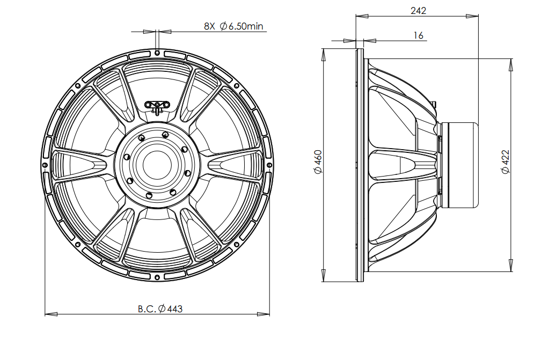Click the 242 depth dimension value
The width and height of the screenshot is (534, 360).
(x=418, y=11)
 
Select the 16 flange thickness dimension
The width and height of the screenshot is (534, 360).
(x=418, y=35)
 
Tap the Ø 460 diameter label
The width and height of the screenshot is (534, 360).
(x=318, y=162)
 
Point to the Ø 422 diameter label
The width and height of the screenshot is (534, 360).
(x=506, y=162)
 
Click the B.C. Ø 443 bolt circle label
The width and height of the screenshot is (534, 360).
(x=160, y=308)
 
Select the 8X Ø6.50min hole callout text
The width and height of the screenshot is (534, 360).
(x=233, y=26)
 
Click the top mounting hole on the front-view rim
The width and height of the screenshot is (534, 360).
(x=157, y=53)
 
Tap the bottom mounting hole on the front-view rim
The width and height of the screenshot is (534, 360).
(x=157, y=277)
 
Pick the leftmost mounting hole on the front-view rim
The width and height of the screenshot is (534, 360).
(x=45, y=165)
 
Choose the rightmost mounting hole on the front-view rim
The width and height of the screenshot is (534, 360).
(x=269, y=165)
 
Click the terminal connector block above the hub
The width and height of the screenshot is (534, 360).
(x=157, y=106)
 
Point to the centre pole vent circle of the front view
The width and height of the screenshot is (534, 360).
(x=157, y=165)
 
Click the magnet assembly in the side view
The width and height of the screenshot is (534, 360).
(x=460, y=165)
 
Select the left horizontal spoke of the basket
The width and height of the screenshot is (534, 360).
(x=80, y=165)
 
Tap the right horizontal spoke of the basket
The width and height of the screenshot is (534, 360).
(x=235, y=165)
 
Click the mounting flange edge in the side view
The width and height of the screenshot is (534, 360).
(x=360, y=165)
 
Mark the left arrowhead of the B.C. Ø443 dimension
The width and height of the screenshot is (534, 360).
(x=51, y=314)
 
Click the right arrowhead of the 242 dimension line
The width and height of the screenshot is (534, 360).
(x=472, y=16)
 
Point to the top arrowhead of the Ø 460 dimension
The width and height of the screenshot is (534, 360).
(x=324, y=55)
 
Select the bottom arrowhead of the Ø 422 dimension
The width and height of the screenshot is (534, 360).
(x=511, y=266)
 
